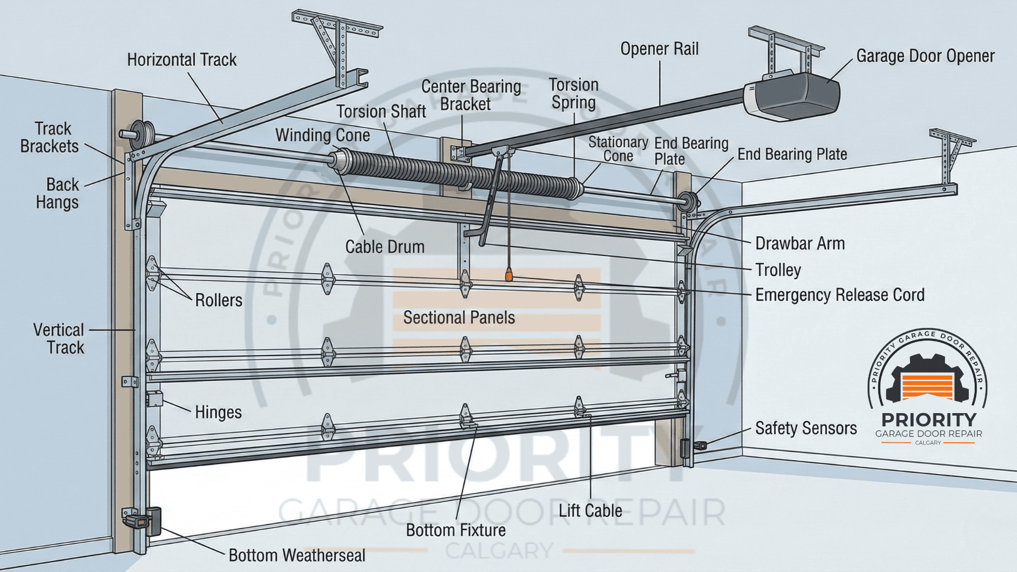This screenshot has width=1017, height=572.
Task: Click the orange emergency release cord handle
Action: [509, 274]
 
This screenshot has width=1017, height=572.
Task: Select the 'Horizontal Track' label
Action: [182, 60]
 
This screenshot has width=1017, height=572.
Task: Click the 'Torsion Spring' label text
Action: [574, 94]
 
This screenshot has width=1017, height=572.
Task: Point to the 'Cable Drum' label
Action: [385, 247]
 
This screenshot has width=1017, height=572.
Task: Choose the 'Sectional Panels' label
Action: [459, 318]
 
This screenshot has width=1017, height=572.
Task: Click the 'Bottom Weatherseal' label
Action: [297, 556]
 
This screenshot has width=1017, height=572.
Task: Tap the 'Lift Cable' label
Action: [590, 511]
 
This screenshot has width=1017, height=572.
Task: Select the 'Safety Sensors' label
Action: [806, 428]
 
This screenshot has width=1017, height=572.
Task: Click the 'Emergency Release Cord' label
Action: [840, 295]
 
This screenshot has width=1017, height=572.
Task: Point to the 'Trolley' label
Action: [778, 270]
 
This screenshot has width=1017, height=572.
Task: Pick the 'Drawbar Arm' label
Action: [800, 244]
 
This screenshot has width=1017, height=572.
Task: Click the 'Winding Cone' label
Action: [323, 136]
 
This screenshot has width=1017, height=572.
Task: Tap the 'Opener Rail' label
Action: [659, 49]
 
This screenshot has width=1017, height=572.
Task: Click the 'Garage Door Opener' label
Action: [925, 56]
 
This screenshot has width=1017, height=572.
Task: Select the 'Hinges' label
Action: [218, 413]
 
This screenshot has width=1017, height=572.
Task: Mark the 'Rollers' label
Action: [218, 300]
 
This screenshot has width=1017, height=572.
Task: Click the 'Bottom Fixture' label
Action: [456, 531]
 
